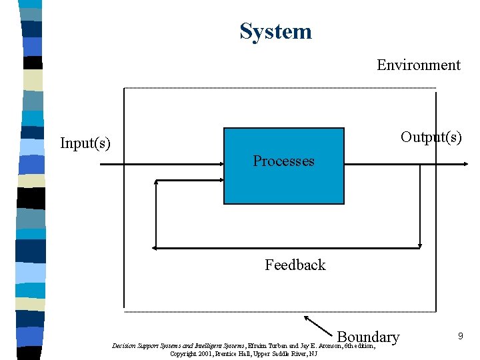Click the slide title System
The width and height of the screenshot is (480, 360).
275,31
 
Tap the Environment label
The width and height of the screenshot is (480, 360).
418,65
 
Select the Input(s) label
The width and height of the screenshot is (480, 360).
85,143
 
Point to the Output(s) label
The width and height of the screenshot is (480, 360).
431,137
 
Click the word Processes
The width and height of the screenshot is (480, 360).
283,161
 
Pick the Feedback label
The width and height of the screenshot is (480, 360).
295,265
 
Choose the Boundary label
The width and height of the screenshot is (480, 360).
368,337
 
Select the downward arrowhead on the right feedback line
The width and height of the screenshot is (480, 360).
421,244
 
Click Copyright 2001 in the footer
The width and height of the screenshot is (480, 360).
191,353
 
